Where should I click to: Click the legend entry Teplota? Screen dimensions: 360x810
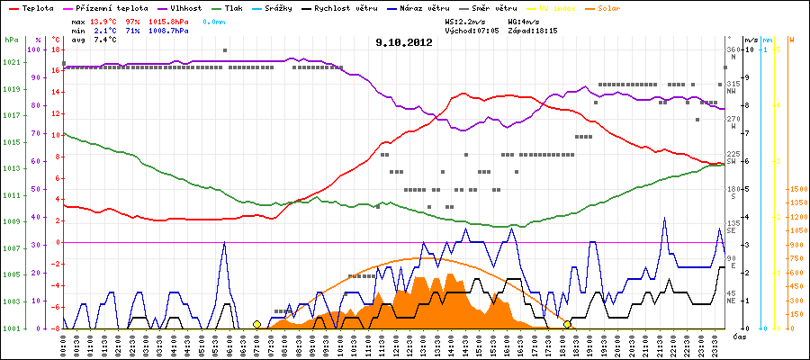(37, 7)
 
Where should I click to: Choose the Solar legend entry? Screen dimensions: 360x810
(621, 7)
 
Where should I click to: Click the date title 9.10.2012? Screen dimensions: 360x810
(406, 41)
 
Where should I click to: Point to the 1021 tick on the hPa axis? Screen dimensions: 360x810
(12, 62)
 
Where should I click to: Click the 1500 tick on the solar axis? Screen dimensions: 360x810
(797, 190)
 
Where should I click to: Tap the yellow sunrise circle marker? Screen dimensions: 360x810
(256, 324)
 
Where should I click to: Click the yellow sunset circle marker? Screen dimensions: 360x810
(567, 324)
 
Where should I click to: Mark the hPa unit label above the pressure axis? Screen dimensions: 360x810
(11, 40)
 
